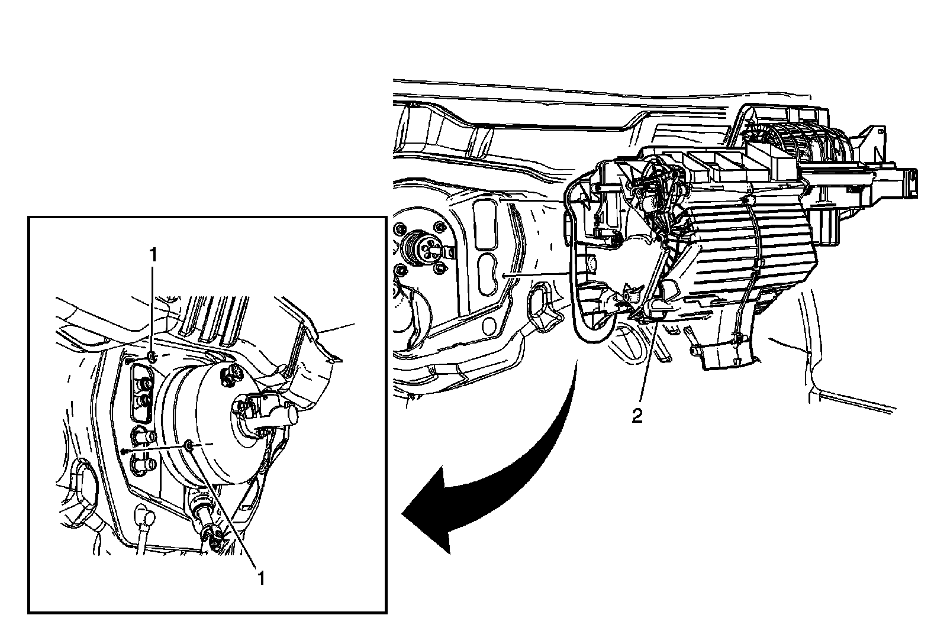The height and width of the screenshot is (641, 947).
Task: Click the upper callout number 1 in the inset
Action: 153,255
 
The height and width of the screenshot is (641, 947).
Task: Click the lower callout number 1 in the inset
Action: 261,578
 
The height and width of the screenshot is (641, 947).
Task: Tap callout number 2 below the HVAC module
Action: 637,417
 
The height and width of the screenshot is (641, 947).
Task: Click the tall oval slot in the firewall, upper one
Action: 485,224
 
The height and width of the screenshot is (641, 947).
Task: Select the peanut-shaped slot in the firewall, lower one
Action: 490,274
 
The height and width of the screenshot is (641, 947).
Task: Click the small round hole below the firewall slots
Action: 488,325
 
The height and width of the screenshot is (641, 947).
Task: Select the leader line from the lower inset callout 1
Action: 224,506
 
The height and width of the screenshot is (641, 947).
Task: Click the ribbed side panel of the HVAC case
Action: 744,253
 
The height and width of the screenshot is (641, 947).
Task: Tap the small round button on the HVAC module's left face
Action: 591,264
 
